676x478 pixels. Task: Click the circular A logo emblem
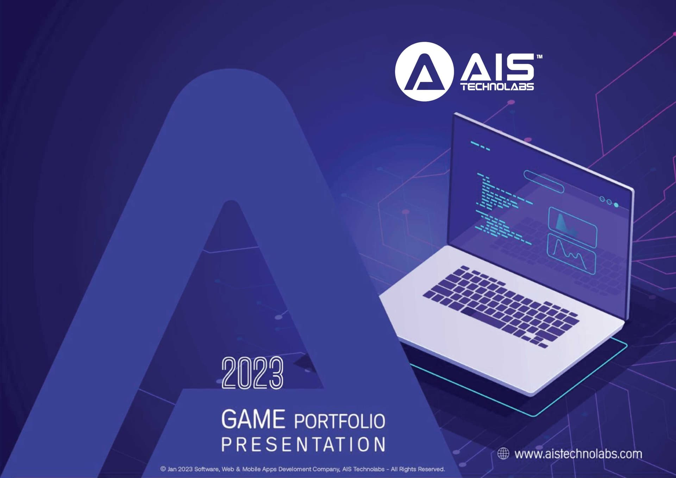[424, 72]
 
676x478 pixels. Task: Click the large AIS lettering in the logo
[497, 68]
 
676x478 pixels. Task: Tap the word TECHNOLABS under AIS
[497, 87]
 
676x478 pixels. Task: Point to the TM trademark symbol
[539, 56]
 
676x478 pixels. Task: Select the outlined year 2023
[252, 373]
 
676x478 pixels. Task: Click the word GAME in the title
[253, 419]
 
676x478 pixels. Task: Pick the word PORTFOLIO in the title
[339, 421]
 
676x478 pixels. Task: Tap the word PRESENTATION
[303, 444]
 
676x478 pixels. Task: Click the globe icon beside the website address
[503, 454]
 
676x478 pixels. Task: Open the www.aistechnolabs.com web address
[578, 454]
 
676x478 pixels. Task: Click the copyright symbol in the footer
[163, 469]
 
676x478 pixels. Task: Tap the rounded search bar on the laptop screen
[544, 182]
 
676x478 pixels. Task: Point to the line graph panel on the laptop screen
[571, 254]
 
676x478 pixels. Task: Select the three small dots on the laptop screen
[609, 202]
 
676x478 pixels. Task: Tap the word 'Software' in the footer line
[207, 469]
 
